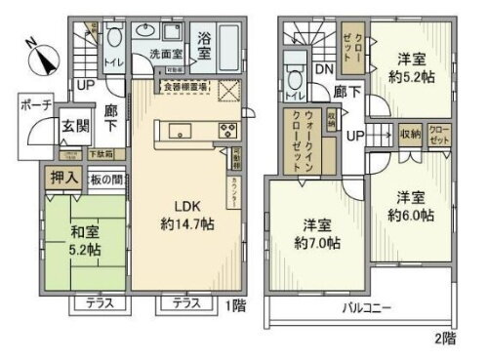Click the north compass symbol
point(40,56)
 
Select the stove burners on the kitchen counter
point(228,132)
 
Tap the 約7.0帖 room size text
point(318,241)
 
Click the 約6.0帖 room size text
point(409,215)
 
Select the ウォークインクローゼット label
point(304,143)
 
